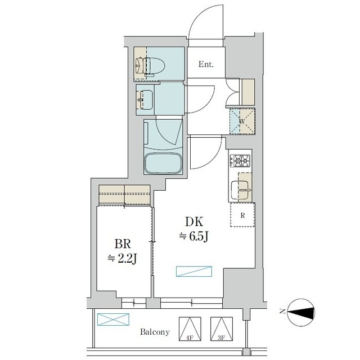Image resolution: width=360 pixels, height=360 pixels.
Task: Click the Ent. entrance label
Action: click(206, 64)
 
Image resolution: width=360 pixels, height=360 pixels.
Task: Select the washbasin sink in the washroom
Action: click(145, 100)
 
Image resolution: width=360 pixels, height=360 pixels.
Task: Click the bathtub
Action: click(163, 163)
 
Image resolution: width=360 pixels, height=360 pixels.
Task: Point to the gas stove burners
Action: click(240, 160)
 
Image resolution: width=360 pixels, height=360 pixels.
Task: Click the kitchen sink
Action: click(240, 190)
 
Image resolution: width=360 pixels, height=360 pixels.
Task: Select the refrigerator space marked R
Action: click(242, 215)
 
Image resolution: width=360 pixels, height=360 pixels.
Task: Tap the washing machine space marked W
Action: click(242, 121)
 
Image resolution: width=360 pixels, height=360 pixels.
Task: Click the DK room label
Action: click(194, 222)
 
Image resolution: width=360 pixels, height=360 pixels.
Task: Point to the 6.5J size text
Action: click(193, 236)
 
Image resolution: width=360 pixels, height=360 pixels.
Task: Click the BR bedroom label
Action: click(123, 244)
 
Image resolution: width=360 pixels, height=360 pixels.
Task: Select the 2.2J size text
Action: click(123, 259)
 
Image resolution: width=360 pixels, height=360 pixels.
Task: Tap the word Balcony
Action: click(155, 332)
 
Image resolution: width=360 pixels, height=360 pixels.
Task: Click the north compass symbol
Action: click(301, 312)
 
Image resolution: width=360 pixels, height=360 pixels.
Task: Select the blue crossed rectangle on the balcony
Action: click(113, 319)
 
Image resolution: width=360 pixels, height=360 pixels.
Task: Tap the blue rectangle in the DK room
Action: click(194, 271)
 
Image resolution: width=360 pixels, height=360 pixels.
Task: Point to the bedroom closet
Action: click(124, 195)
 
